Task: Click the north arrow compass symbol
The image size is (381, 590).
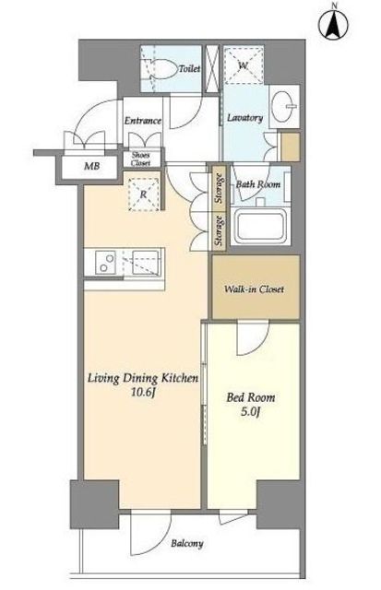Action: (333, 23)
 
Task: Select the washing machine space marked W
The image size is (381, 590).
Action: (244, 65)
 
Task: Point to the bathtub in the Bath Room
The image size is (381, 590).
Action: (260, 226)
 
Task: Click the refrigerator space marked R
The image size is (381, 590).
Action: (143, 195)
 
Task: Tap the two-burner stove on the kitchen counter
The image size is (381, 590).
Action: (105, 263)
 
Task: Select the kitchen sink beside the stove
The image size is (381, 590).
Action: (142, 263)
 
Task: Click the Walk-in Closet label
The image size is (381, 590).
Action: (254, 289)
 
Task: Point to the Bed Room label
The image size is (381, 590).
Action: (250, 397)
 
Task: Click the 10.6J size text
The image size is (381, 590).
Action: (143, 393)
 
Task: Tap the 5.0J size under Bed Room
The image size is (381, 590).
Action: (251, 412)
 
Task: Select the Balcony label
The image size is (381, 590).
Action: (187, 544)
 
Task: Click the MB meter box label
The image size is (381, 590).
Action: (92, 166)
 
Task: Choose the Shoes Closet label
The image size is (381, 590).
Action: (141, 159)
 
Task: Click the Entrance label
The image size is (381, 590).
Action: (143, 121)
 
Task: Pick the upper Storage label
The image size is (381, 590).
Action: (219, 188)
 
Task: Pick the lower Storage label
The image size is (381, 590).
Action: (219, 231)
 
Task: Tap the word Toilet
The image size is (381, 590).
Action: (189, 68)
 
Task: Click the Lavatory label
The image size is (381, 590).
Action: (244, 118)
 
